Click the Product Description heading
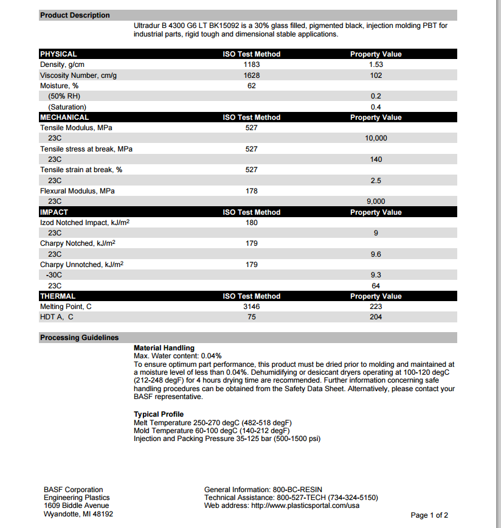[75, 15]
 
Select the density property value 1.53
[376, 64]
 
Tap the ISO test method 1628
[251, 75]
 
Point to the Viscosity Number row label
[78, 75]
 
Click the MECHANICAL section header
[64, 117]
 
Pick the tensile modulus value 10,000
[376, 139]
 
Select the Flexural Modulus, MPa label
[77, 191]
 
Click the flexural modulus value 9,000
[376, 201]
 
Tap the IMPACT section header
[54, 212]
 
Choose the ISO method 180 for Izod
[251, 223]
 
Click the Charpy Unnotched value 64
[376, 286]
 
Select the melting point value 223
[376, 307]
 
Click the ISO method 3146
[251, 307]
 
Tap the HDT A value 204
[376, 317]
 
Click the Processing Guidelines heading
[79, 338]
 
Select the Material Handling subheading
[164, 348]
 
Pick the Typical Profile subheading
[159, 414]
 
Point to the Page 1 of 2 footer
[429, 515]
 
